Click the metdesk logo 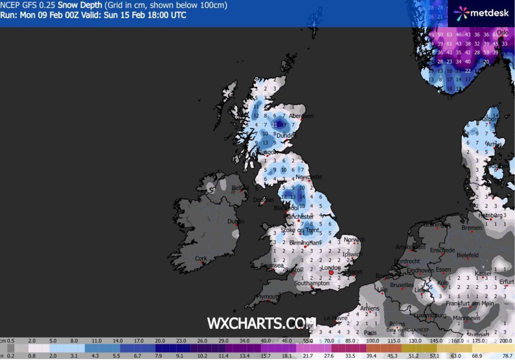tap(481, 13)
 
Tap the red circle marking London tap(331, 272)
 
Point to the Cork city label tap(201, 258)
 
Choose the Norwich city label tap(354, 239)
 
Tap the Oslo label tap(502, 33)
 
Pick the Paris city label tap(370, 333)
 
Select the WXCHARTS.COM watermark tap(261, 323)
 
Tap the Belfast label tap(240, 188)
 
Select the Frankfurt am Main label tap(469, 303)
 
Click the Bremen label tap(472, 228)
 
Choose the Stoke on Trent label tap(300, 230)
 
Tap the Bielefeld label tap(467, 255)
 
